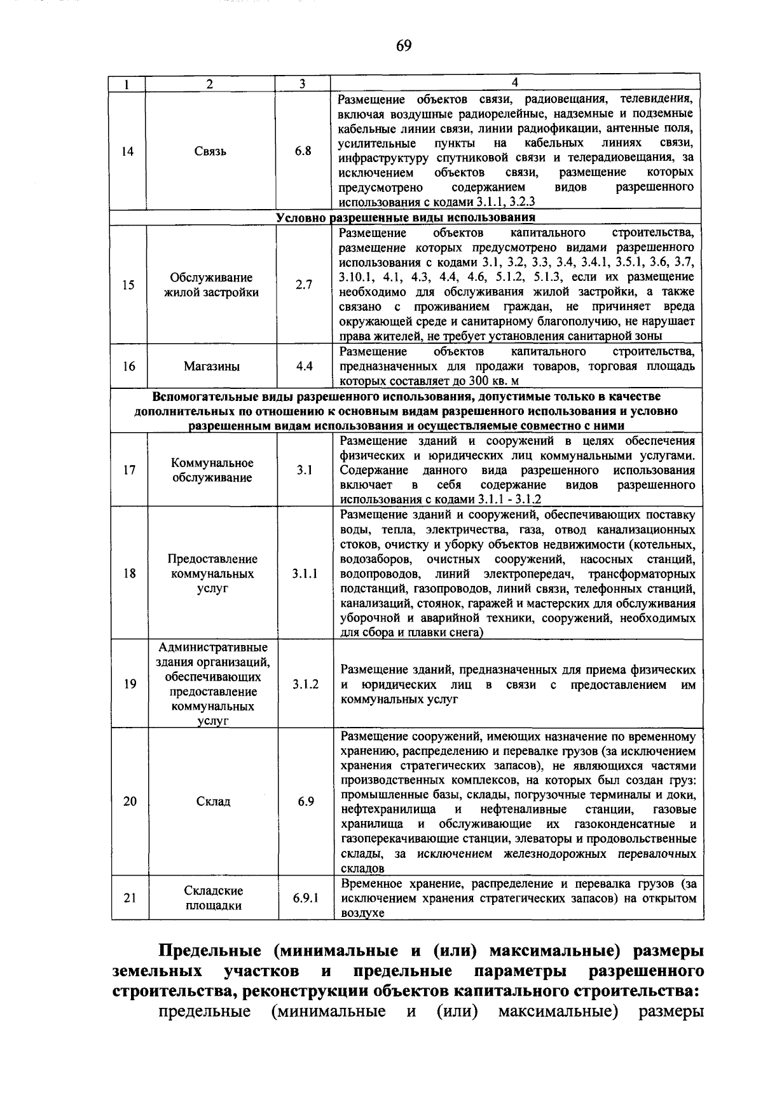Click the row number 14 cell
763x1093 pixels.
pos(128,151)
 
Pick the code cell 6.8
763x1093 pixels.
pos(303,151)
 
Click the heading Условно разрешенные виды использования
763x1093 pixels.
pos(406,218)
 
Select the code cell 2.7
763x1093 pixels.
pos(304,285)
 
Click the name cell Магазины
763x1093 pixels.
pos(212,366)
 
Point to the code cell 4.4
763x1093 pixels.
pos(305,366)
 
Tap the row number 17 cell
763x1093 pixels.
pos(129,470)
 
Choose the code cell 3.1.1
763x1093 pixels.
pos(305,573)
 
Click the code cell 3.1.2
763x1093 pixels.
pos(306,684)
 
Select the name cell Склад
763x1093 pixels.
pos(213,801)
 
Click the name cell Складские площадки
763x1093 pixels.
pos(213,899)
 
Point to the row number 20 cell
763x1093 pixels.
pos(130,801)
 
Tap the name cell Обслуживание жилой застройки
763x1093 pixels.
pos(211,285)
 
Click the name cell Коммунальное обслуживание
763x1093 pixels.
pos(212,470)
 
